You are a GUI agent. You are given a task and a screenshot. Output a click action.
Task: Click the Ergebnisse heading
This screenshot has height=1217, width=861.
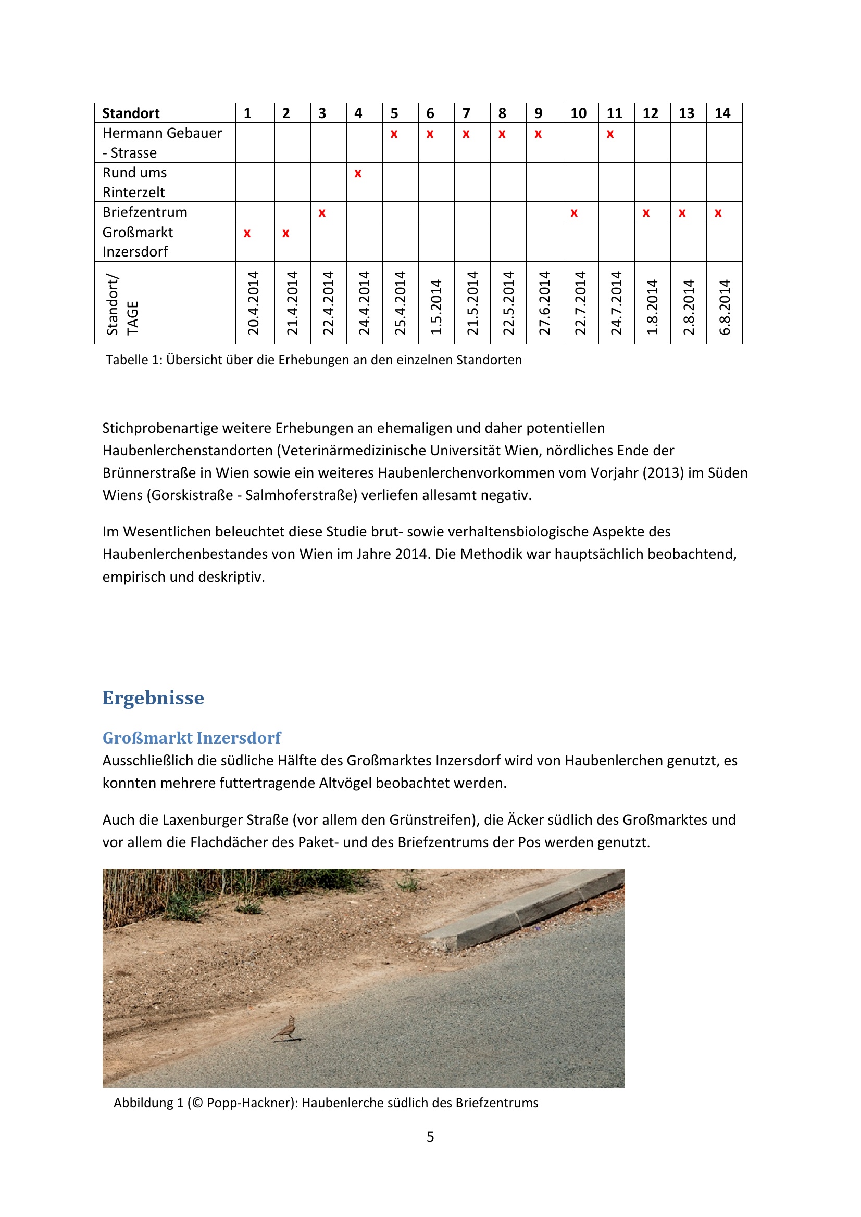pos(153,698)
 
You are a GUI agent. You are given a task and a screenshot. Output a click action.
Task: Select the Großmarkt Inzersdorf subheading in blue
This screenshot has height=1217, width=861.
pos(192,737)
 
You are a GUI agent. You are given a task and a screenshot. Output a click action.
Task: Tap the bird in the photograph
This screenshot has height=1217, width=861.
pos(286,1028)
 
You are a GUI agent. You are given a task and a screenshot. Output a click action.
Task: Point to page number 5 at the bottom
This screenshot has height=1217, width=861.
pos(430,1136)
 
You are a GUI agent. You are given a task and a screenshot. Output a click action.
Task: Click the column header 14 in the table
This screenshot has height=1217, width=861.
pos(722,113)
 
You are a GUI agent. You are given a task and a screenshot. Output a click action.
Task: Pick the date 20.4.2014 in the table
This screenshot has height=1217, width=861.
pos(254,303)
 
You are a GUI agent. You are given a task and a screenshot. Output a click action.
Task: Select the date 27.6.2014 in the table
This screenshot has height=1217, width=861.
pos(544,303)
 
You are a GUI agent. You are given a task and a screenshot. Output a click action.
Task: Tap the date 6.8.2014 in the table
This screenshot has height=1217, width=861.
pos(725,307)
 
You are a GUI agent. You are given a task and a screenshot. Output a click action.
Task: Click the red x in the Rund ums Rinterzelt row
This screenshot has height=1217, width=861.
pos(358,174)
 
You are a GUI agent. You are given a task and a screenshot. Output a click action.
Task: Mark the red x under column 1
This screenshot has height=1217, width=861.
pos(247,234)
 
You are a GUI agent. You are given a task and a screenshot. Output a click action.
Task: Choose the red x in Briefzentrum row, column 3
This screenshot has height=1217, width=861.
pos(322,214)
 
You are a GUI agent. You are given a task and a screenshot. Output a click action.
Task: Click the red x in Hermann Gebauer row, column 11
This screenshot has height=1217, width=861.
pos(610,135)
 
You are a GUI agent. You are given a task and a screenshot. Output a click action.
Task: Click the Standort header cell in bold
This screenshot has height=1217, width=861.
pos(131,113)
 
